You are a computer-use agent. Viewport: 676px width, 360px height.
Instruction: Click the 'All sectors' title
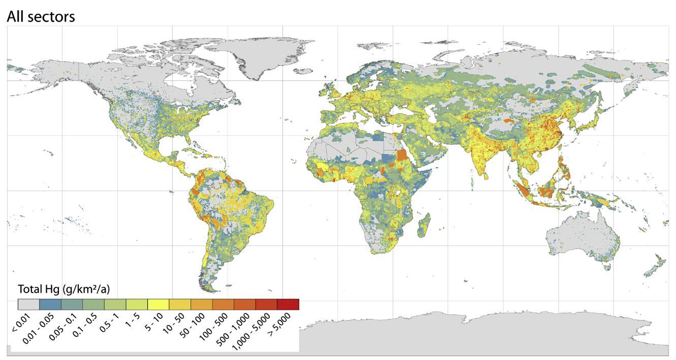[x=41, y=17]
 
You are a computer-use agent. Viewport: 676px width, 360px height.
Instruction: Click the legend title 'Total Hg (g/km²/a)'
[x=64, y=289]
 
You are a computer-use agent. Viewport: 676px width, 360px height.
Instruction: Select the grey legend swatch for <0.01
[x=29, y=305]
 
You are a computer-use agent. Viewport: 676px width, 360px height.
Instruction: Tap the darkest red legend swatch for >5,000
[x=288, y=305]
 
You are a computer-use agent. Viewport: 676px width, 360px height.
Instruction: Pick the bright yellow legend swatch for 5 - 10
[x=158, y=305]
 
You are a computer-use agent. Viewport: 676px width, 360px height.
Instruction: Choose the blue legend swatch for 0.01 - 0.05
[x=50, y=305]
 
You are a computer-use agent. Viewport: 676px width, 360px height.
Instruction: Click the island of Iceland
[x=303, y=71]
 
